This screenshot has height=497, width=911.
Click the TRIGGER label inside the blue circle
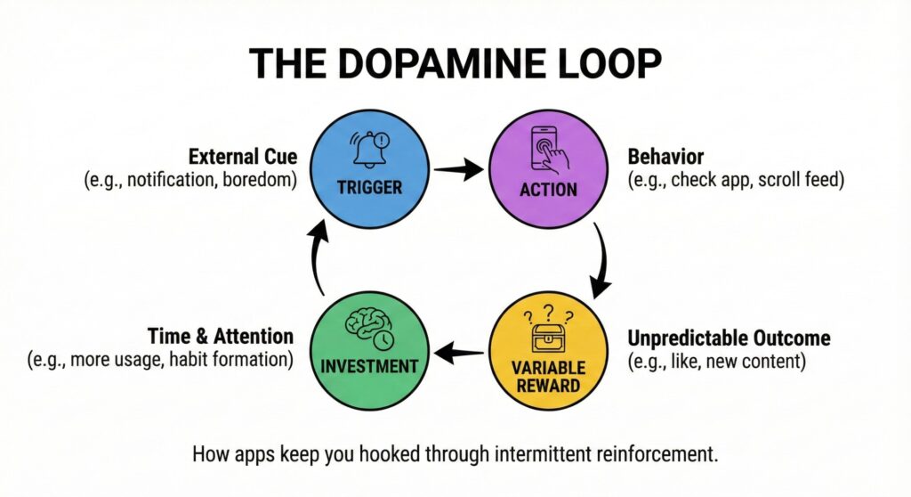tap(370, 188)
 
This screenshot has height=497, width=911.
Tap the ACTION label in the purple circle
tap(548, 189)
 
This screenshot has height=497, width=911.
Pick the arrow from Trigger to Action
tap(459, 168)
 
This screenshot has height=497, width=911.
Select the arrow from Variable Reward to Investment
tap(459, 354)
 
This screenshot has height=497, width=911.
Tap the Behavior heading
tap(665, 158)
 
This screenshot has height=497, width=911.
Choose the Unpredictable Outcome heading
tap(729, 338)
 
